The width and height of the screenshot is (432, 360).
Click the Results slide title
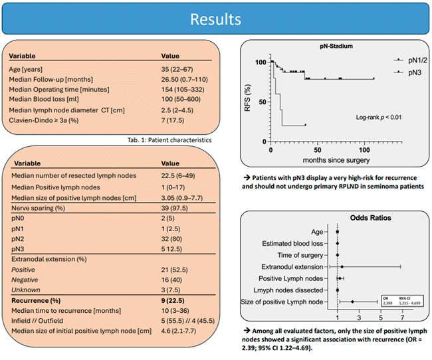[216, 19]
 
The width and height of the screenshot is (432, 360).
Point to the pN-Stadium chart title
[332, 48]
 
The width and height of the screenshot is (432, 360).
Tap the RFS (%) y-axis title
[249, 98]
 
